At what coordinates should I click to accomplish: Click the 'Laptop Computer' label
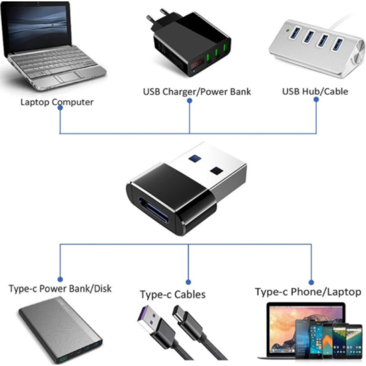pos(57,102)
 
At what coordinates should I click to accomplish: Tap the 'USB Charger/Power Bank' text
pos(197,91)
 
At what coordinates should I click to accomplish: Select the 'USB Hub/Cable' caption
pos(315,91)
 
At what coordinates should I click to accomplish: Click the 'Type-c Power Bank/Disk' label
pos(60,289)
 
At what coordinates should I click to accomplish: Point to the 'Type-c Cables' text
pos(172,294)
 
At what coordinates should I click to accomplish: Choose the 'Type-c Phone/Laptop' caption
pos(308,291)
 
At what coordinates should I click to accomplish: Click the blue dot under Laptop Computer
pos(60,112)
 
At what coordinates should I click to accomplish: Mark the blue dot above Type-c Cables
pos(188,282)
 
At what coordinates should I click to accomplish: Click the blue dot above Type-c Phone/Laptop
pos(311,282)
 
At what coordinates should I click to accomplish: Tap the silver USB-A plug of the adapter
pos(206,169)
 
